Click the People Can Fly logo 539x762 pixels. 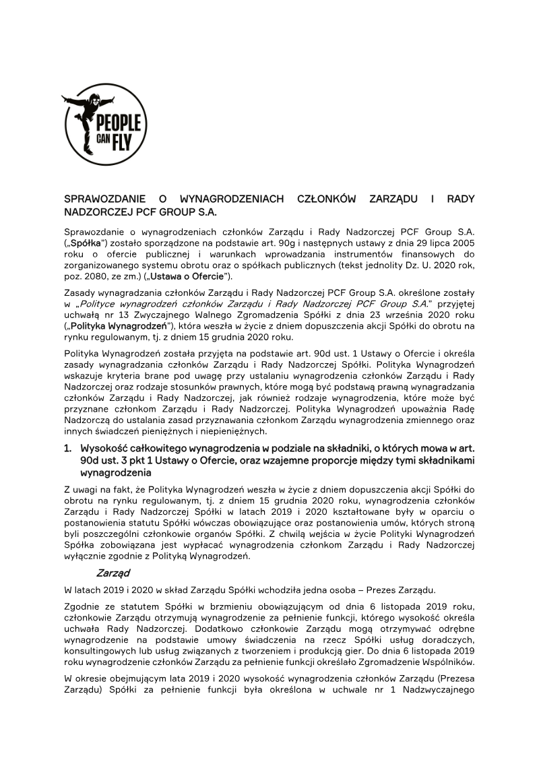[104, 125]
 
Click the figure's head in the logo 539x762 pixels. [95, 98]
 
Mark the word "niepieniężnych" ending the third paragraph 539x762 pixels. [233, 432]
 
